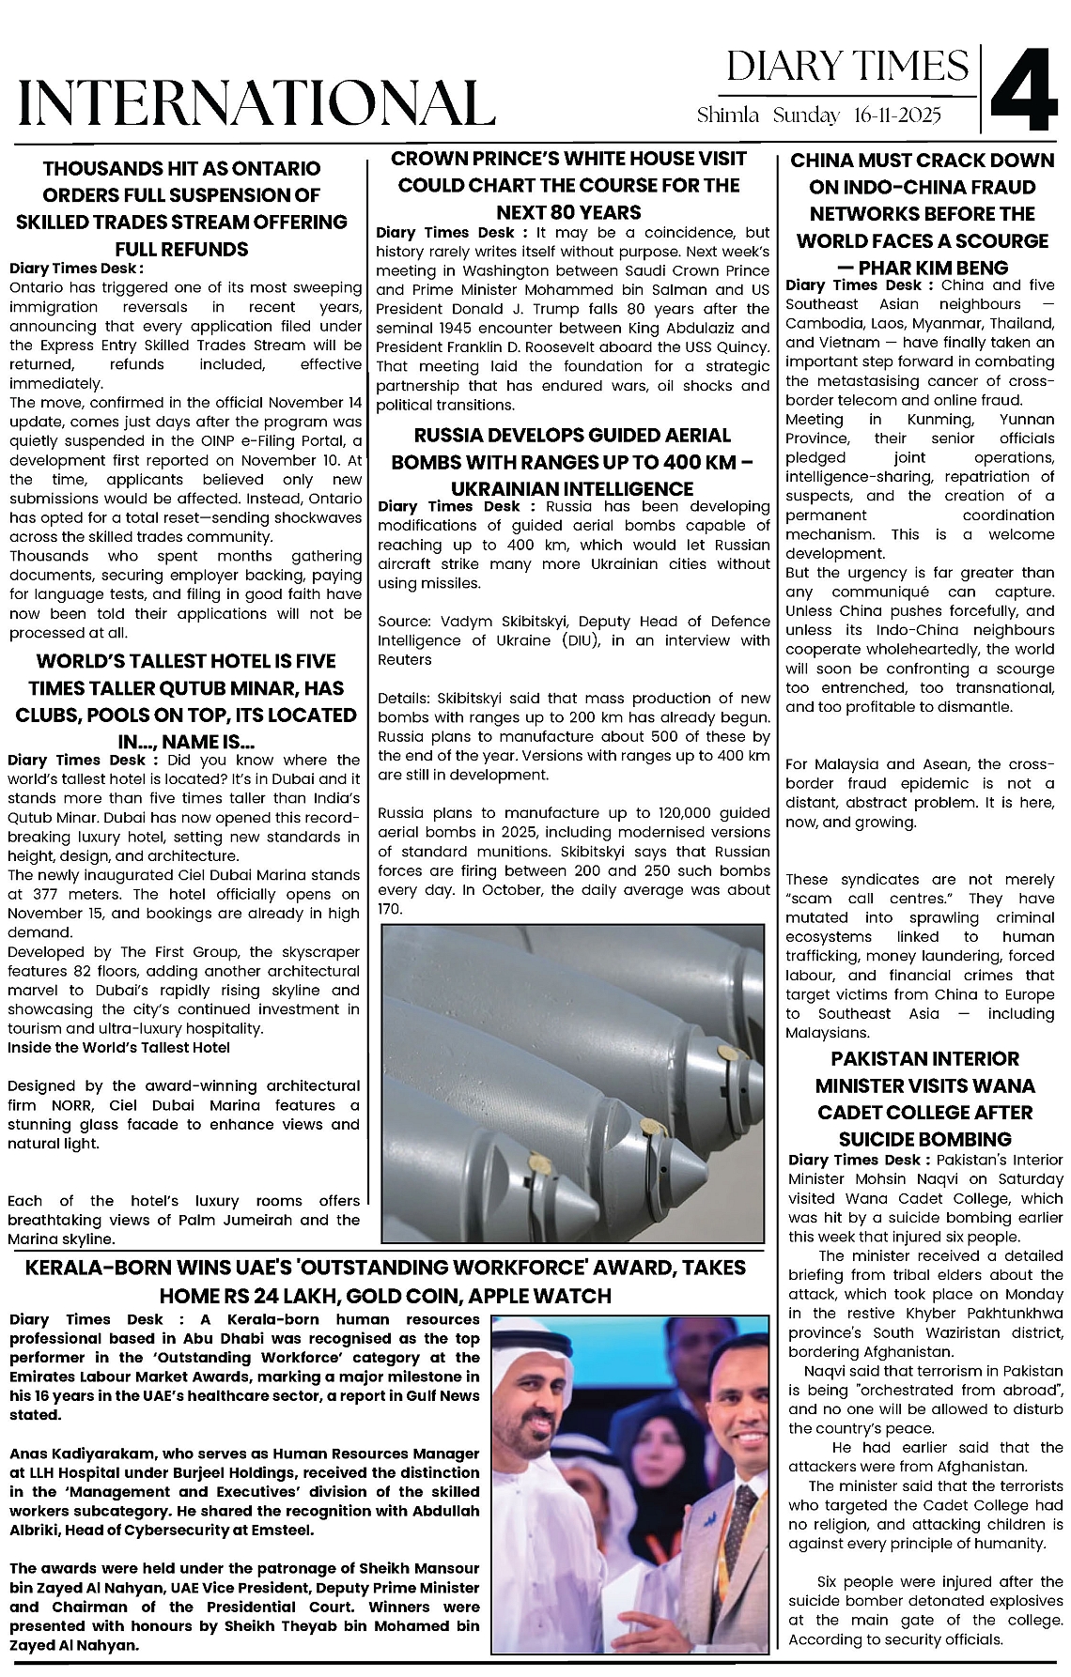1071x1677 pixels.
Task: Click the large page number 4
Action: coord(1024,89)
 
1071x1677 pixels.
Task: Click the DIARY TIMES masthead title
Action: coord(847,66)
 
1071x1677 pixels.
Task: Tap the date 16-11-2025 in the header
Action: coord(898,115)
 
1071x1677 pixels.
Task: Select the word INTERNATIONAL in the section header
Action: coord(256,102)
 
